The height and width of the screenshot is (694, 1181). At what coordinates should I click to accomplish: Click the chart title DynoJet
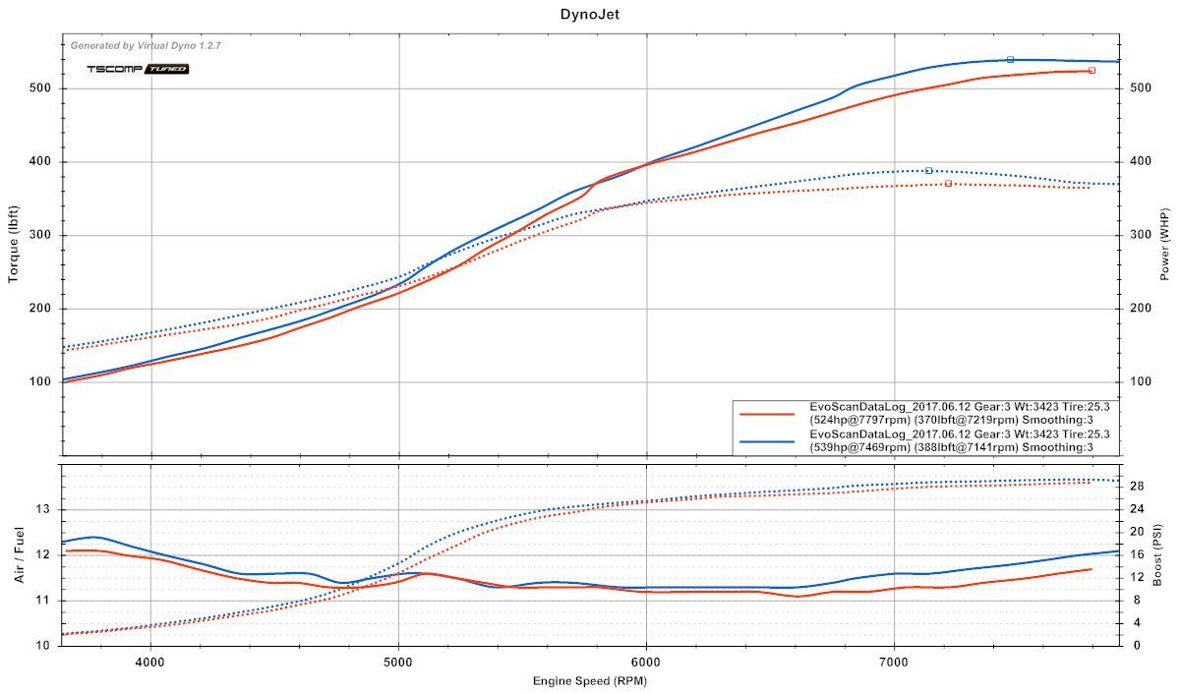click(590, 14)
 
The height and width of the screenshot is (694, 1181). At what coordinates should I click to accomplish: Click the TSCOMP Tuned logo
click(137, 69)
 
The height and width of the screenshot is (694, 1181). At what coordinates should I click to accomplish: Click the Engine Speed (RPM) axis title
click(590, 680)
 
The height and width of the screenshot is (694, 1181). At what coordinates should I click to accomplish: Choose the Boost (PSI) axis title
click(1164, 554)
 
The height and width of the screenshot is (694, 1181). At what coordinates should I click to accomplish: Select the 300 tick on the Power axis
click(1139, 235)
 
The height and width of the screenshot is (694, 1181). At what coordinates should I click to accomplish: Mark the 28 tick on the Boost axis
click(1135, 486)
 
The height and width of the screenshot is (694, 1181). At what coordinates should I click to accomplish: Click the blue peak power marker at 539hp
click(1010, 60)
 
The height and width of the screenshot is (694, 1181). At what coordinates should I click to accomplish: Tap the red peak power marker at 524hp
click(1092, 71)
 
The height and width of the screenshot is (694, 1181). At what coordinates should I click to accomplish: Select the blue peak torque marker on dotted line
click(928, 171)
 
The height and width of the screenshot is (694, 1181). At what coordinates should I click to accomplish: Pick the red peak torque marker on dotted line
click(948, 184)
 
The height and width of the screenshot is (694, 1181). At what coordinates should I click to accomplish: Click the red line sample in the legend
click(768, 414)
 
